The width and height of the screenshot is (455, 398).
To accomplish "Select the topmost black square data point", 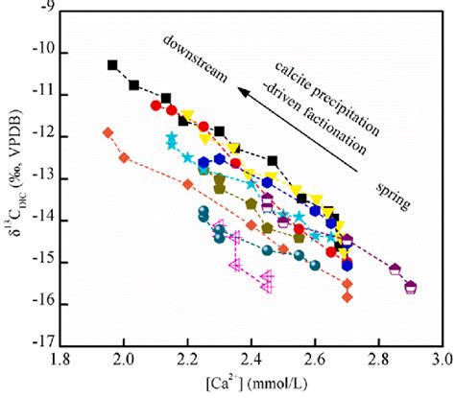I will (x=112, y=65).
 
